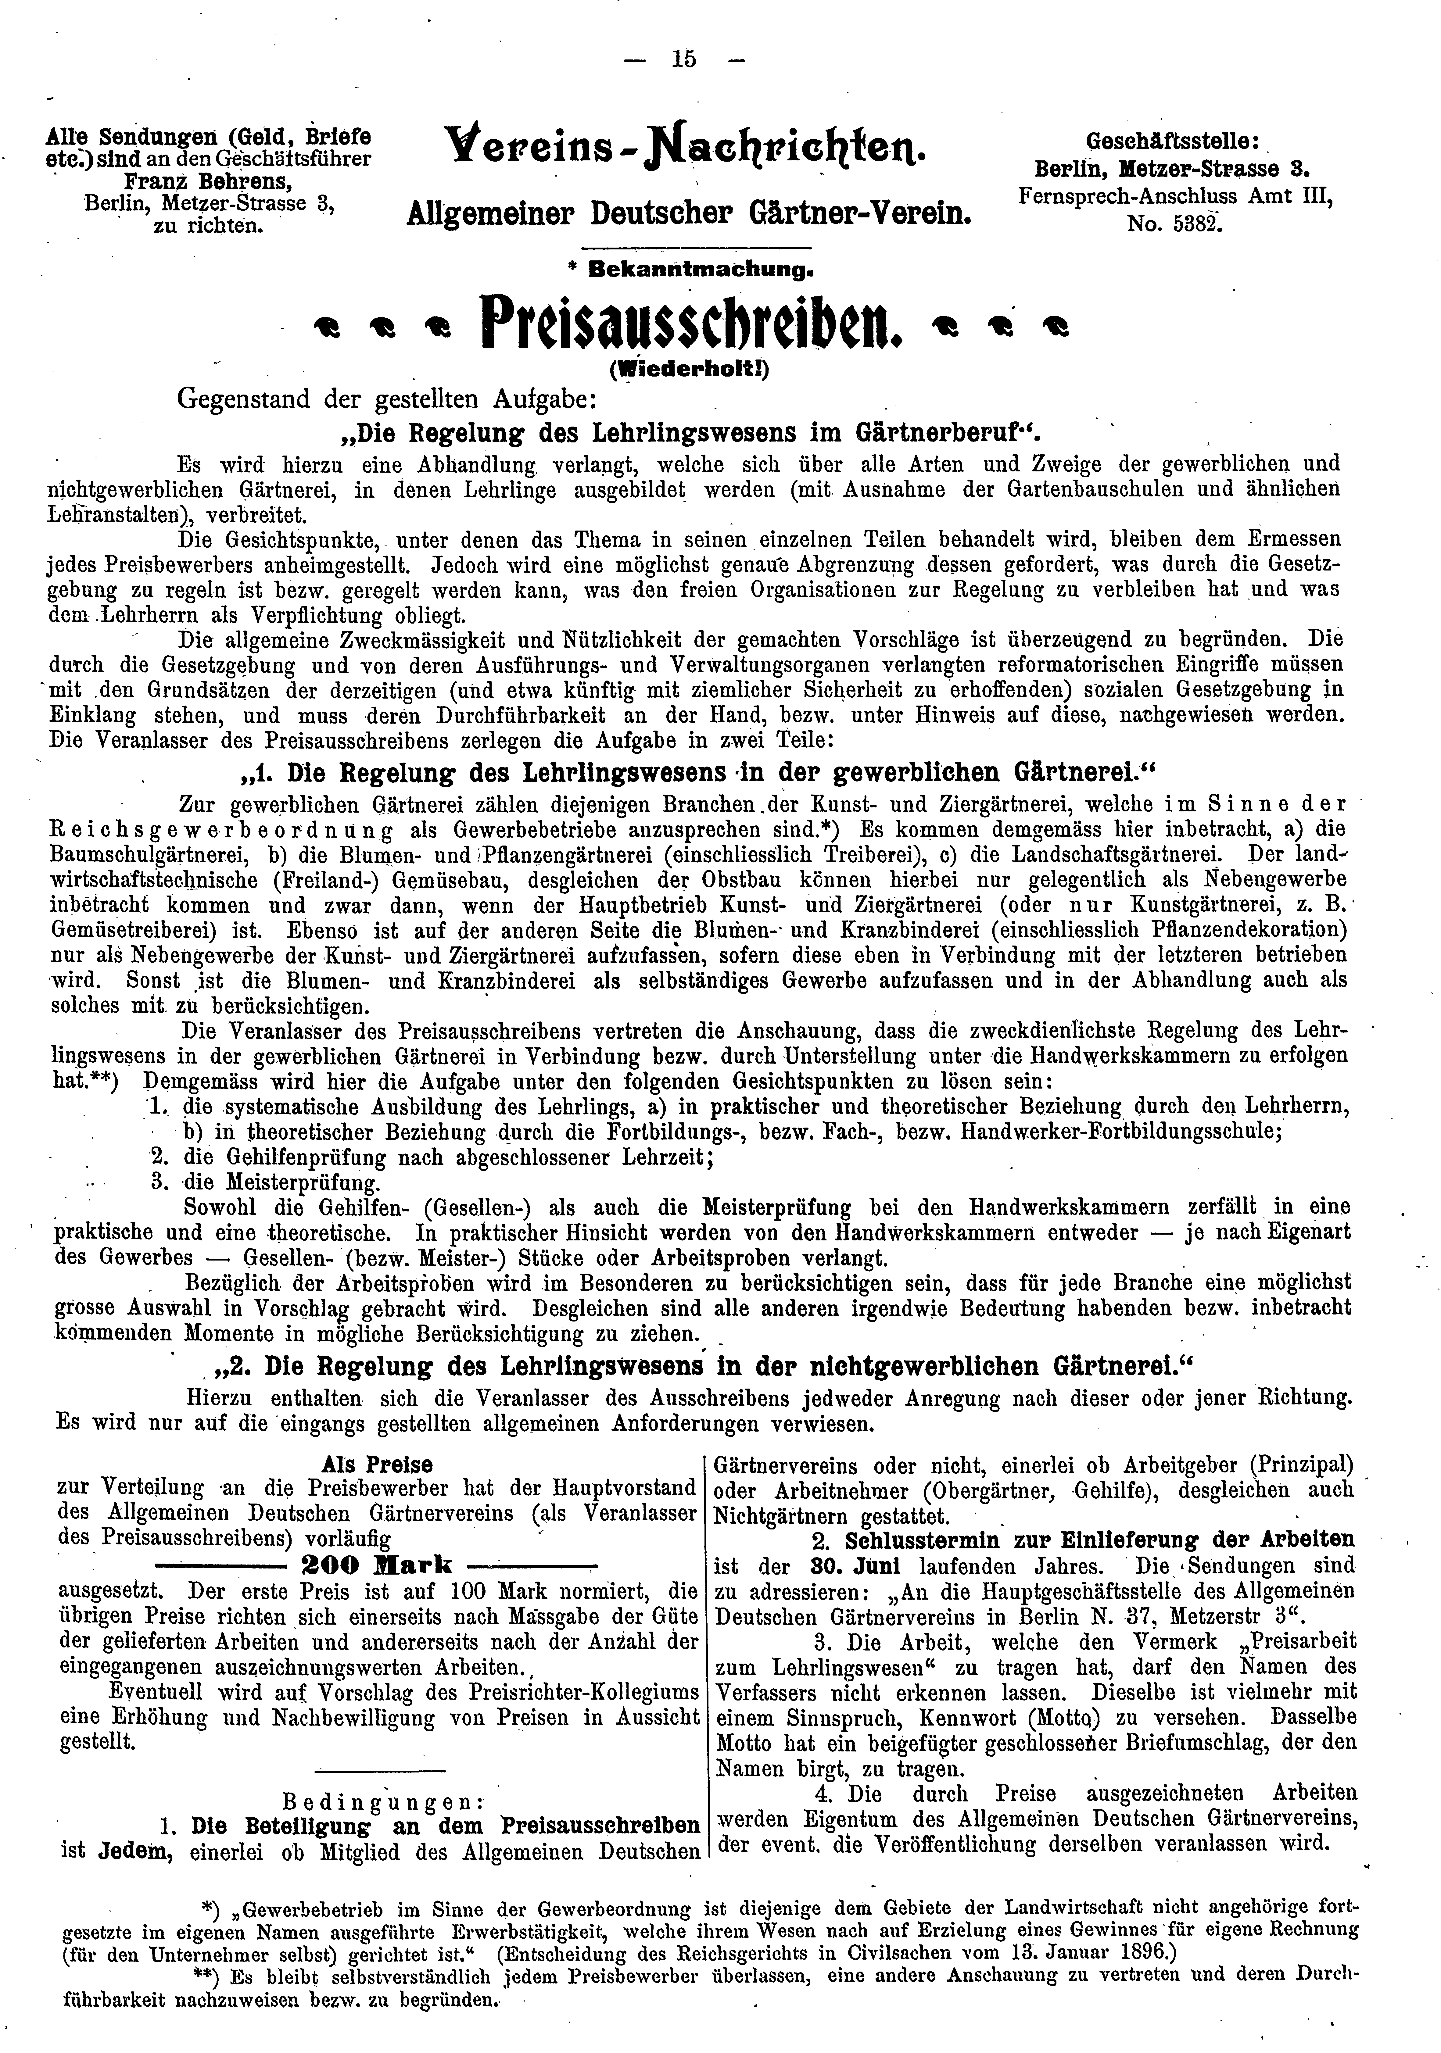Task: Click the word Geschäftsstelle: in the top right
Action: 1174,140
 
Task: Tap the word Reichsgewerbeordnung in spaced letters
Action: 211,829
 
